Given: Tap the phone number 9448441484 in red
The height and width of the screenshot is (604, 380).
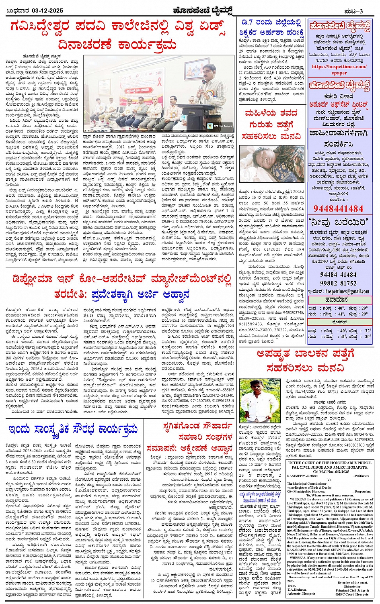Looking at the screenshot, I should click(x=338, y=208).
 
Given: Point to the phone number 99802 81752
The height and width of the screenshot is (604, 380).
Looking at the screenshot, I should click(x=338, y=283).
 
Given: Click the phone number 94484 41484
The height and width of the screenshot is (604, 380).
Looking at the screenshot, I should click(x=338, y=275).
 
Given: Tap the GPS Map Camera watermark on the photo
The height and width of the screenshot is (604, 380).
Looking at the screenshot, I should click(x=221, y=125).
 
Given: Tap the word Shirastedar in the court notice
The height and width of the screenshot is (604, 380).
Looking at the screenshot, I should click(x=352, y=586).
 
